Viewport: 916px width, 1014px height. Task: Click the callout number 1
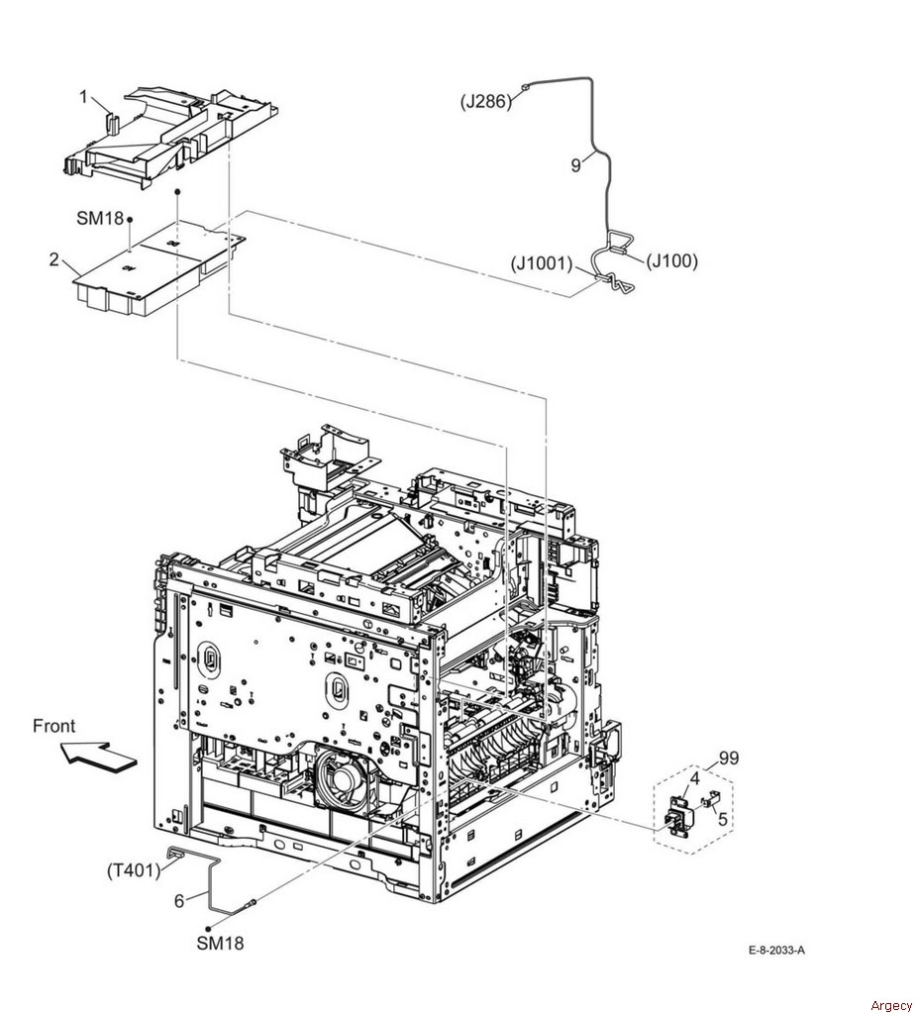(83, 97)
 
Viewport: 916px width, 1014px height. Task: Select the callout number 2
(54, 260)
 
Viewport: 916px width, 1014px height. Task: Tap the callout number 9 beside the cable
(575, 165)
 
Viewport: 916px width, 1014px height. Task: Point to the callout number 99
(729, 758)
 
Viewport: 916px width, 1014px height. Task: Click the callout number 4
(695, 778)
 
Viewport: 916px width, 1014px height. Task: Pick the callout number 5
(723, 819)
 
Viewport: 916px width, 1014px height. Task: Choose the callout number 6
(179, 900)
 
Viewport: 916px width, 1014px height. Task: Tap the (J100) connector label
(672, 261)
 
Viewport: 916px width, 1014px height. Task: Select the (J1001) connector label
(542, 263)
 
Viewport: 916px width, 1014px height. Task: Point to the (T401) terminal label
(134, 870)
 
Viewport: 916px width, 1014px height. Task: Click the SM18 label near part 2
(100, 219)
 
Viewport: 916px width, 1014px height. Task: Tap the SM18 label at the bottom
(221, 944)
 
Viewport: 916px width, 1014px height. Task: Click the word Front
(53, 726)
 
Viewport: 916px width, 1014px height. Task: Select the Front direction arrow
(99, 757)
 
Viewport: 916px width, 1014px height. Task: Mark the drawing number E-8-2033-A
(776, 950)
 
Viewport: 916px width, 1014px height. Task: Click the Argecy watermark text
(891, 1006)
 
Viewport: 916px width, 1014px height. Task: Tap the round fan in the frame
(343, 774)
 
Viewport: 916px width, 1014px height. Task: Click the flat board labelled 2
(159, 265)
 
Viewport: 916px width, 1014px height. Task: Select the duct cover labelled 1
(172, 137)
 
